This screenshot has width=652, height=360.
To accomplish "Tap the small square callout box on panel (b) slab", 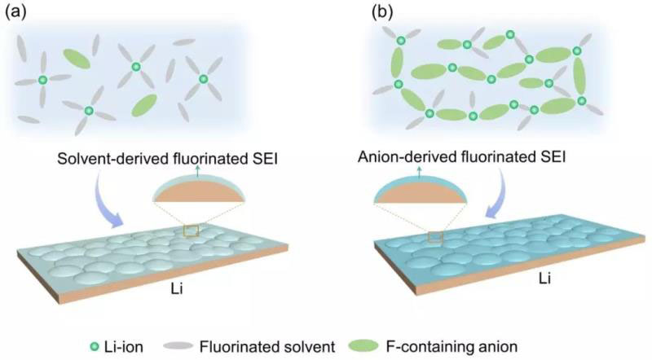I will coord(434,237).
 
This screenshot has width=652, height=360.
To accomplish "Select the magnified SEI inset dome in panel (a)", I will coord(202,192).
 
